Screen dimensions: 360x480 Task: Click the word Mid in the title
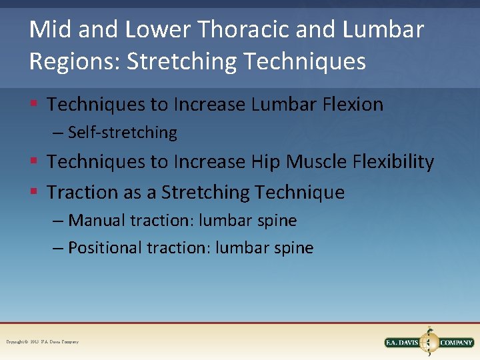click(51, 30)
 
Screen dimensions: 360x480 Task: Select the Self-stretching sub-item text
click(122, 133)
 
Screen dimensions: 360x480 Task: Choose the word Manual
click(97, 220)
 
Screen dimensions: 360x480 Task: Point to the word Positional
click(105, 248)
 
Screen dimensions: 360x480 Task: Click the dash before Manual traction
click(59, 221)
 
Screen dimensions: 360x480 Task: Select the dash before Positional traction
click(59, 249)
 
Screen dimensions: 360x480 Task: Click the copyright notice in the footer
click(43, 342)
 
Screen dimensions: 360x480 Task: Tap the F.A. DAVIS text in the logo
click(404, 343)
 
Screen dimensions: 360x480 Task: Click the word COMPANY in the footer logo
click(455, 343)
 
